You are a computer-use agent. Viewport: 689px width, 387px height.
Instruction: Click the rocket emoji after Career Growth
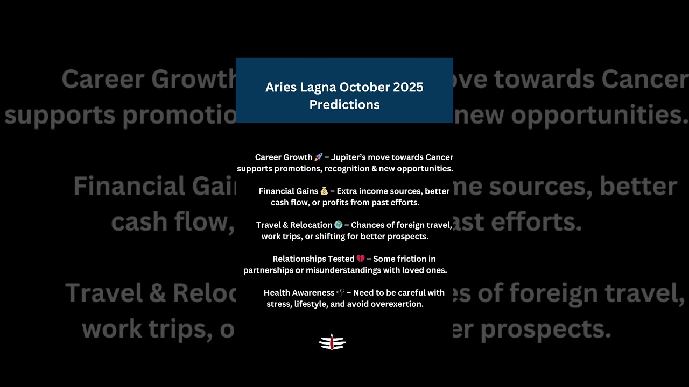click(318, 157)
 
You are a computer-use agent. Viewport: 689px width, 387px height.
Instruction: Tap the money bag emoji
click(324, 191)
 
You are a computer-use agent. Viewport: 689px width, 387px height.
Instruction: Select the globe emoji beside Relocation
click(338, 225)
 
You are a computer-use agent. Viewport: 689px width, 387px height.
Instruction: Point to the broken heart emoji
click(361, 259)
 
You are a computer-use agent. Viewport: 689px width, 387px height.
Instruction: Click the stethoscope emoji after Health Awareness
click(341, 293)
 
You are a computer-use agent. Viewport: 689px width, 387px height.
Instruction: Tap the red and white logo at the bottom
click(332, 342)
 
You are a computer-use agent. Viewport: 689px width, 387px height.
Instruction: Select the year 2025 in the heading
click(407, 87)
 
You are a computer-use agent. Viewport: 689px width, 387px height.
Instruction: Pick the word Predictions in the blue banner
click(344, 105)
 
